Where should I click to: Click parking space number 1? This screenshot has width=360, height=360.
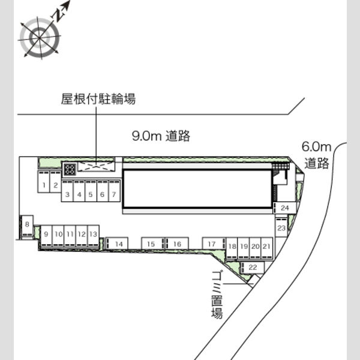click(x=44, y=182)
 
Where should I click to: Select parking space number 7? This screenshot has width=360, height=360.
click(x=115, y=191)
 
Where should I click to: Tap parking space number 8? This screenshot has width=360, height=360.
click(x=28, y=227)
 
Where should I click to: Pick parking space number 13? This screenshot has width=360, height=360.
click(x=94, y=236)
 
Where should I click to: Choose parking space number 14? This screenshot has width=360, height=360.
click(x=116, y=244)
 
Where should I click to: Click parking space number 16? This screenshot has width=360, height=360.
click(x=177, y=244)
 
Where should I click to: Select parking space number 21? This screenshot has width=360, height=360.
click(x=267, y=248)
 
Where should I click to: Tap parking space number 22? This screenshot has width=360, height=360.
click(x=253, y=268)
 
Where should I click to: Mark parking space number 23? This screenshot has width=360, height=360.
click(x=281, y=227)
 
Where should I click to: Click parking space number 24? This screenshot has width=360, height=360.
click(x=284, y=208)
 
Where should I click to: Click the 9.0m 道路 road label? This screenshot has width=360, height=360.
click(x=161, y=136)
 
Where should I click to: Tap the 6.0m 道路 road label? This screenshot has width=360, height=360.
click(x=317, y=155)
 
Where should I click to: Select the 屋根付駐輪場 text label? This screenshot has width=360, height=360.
click(x=98, y=99)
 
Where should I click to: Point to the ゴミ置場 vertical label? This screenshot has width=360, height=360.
click(x=217, y=295)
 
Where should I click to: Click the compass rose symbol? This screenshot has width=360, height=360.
click(x=40, y=38)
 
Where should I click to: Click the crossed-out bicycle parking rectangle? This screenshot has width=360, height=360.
click(x=96, y=166)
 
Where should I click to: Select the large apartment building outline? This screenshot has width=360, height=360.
click(x=197, y=189)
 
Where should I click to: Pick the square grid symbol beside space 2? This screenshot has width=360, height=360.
click(x=70, y=170)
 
